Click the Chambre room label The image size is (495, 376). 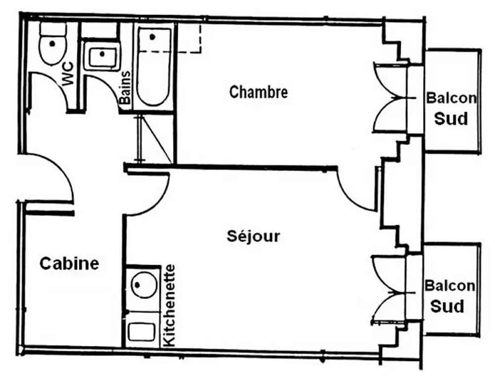(x=258, y=92)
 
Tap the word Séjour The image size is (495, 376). (x=253, y=236)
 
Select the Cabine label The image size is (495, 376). (x=69, y=263)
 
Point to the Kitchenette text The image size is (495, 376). (x=169, y=306)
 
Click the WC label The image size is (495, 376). (x=68, y=74)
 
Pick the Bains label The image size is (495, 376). (x=125, y=88)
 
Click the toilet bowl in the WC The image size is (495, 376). (x=52, y=44)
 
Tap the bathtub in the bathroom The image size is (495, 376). (x=153, y=66)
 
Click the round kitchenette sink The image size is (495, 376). (x=144, y=285)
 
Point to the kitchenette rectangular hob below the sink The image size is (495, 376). (x=142, y=332)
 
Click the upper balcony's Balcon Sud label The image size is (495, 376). (x=451, y=108)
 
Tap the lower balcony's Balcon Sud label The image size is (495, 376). (x=449, y=296)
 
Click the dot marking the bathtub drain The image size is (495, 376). (x=152, y=37)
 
